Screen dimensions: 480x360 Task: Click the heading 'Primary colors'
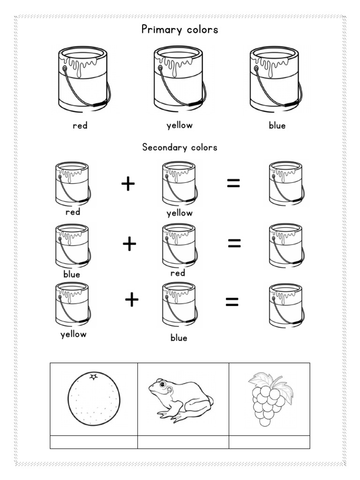(180, 30)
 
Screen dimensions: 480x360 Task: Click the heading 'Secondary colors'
(180, 147)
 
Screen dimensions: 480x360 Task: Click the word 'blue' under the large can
(277, 126)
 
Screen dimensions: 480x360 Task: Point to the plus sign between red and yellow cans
(128, 184)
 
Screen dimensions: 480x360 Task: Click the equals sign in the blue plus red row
(234, 243)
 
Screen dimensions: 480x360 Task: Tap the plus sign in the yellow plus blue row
(132, 300)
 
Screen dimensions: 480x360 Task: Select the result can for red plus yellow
(285, 183)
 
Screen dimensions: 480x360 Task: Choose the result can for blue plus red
(285, 245)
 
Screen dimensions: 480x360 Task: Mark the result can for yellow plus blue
(285, 305)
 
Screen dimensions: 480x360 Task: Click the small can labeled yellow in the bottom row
(72, 305)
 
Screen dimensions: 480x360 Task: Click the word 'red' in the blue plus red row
(178, 273)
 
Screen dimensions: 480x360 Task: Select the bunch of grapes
(269, 398)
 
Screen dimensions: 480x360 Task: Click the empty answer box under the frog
(183, 442)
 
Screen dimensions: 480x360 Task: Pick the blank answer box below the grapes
(269, 442)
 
